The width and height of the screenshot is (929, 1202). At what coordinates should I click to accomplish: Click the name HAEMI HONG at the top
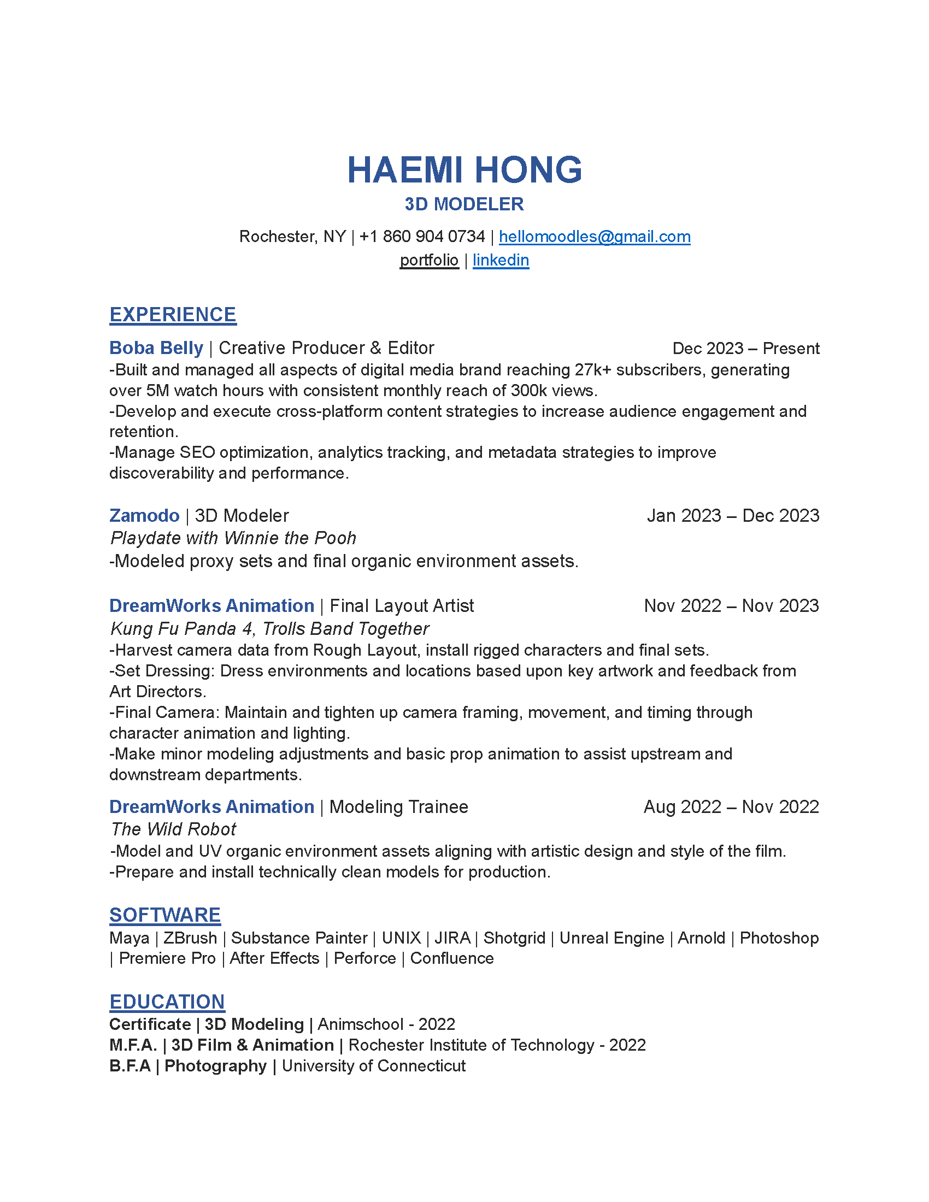464,169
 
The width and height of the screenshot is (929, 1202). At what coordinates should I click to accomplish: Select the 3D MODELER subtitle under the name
464,204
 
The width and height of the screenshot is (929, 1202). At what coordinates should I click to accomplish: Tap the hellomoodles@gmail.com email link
595,237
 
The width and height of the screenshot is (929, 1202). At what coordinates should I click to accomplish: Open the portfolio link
429,260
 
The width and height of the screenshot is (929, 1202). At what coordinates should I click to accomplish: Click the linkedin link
501,260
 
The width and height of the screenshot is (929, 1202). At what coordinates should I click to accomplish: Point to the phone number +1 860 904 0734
422,237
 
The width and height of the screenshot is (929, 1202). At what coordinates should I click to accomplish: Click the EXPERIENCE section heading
173,315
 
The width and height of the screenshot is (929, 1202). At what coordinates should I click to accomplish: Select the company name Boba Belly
156,348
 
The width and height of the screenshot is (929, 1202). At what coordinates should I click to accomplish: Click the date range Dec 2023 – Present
746,349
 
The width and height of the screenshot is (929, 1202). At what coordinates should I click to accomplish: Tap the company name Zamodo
144,516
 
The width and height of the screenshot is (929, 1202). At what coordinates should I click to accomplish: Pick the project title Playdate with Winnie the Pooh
233,538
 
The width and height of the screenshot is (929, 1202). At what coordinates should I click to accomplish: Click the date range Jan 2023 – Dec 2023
733,516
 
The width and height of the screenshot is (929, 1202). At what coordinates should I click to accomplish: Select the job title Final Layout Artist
402,606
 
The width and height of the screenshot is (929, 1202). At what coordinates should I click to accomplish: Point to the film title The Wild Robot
174,829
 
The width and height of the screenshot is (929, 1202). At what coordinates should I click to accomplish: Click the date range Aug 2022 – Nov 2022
731,808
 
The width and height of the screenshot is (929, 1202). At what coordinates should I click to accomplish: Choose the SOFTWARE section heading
165,915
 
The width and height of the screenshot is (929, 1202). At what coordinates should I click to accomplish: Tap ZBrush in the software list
190,938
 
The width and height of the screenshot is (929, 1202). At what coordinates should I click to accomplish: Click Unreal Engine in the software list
612,938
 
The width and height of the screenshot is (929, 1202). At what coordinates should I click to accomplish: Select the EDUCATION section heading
167,1002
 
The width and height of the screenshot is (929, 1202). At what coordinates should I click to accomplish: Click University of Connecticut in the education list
374,1066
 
